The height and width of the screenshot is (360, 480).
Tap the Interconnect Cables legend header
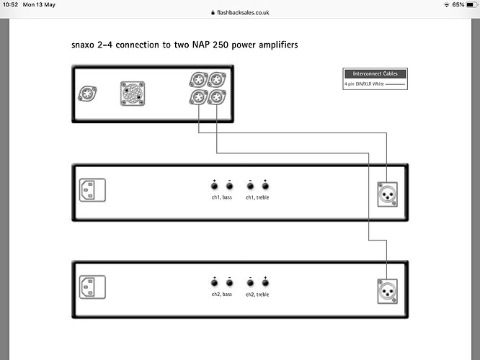pos(375,74)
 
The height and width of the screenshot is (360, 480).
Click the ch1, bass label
pos(221,197)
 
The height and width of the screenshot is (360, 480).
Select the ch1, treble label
pos(257,197)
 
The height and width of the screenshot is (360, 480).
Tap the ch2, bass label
pos(221,294)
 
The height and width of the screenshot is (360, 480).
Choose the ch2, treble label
pos(257,294)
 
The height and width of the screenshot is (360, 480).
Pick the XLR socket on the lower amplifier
pos(388,289)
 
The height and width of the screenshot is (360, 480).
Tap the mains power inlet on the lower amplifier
pos(92,288)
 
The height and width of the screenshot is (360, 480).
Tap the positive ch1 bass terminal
pos(215,186)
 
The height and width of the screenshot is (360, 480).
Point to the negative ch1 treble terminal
pos(250,186)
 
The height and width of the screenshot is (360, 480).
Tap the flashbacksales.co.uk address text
pos(243,12)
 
